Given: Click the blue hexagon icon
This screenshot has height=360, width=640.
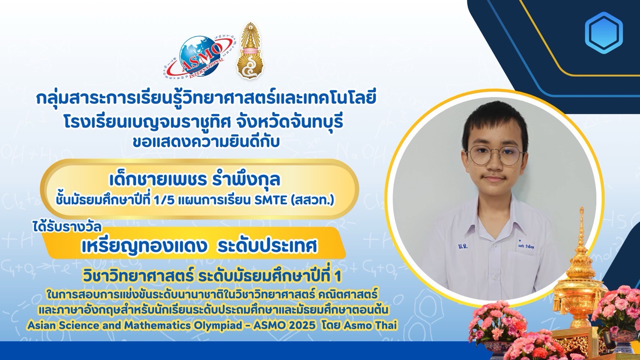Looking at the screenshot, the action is [604, 33].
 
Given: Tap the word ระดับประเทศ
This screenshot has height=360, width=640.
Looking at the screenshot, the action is [267, 246].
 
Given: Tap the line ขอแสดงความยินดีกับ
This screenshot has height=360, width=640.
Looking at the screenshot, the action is [206, 142].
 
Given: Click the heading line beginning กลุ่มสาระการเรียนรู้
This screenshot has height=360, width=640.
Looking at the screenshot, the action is [206, 99].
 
